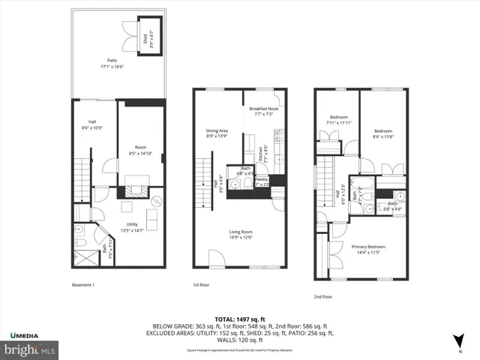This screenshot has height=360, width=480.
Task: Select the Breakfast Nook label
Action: coord(265,111)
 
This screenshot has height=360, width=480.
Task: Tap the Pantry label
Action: coord(262,181)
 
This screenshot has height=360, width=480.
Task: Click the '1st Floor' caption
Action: coord(200,285)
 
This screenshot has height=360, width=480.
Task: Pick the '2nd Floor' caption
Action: coord(323,296)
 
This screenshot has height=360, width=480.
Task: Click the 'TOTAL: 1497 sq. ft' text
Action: coord(240,319)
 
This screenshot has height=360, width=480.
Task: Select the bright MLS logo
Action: coord(29,349)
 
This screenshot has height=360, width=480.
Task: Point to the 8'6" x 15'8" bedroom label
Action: coord(383,133)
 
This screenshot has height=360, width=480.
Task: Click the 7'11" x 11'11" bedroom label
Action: coord(339,120)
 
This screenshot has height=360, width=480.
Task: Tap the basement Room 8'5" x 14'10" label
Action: coord(140,150)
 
